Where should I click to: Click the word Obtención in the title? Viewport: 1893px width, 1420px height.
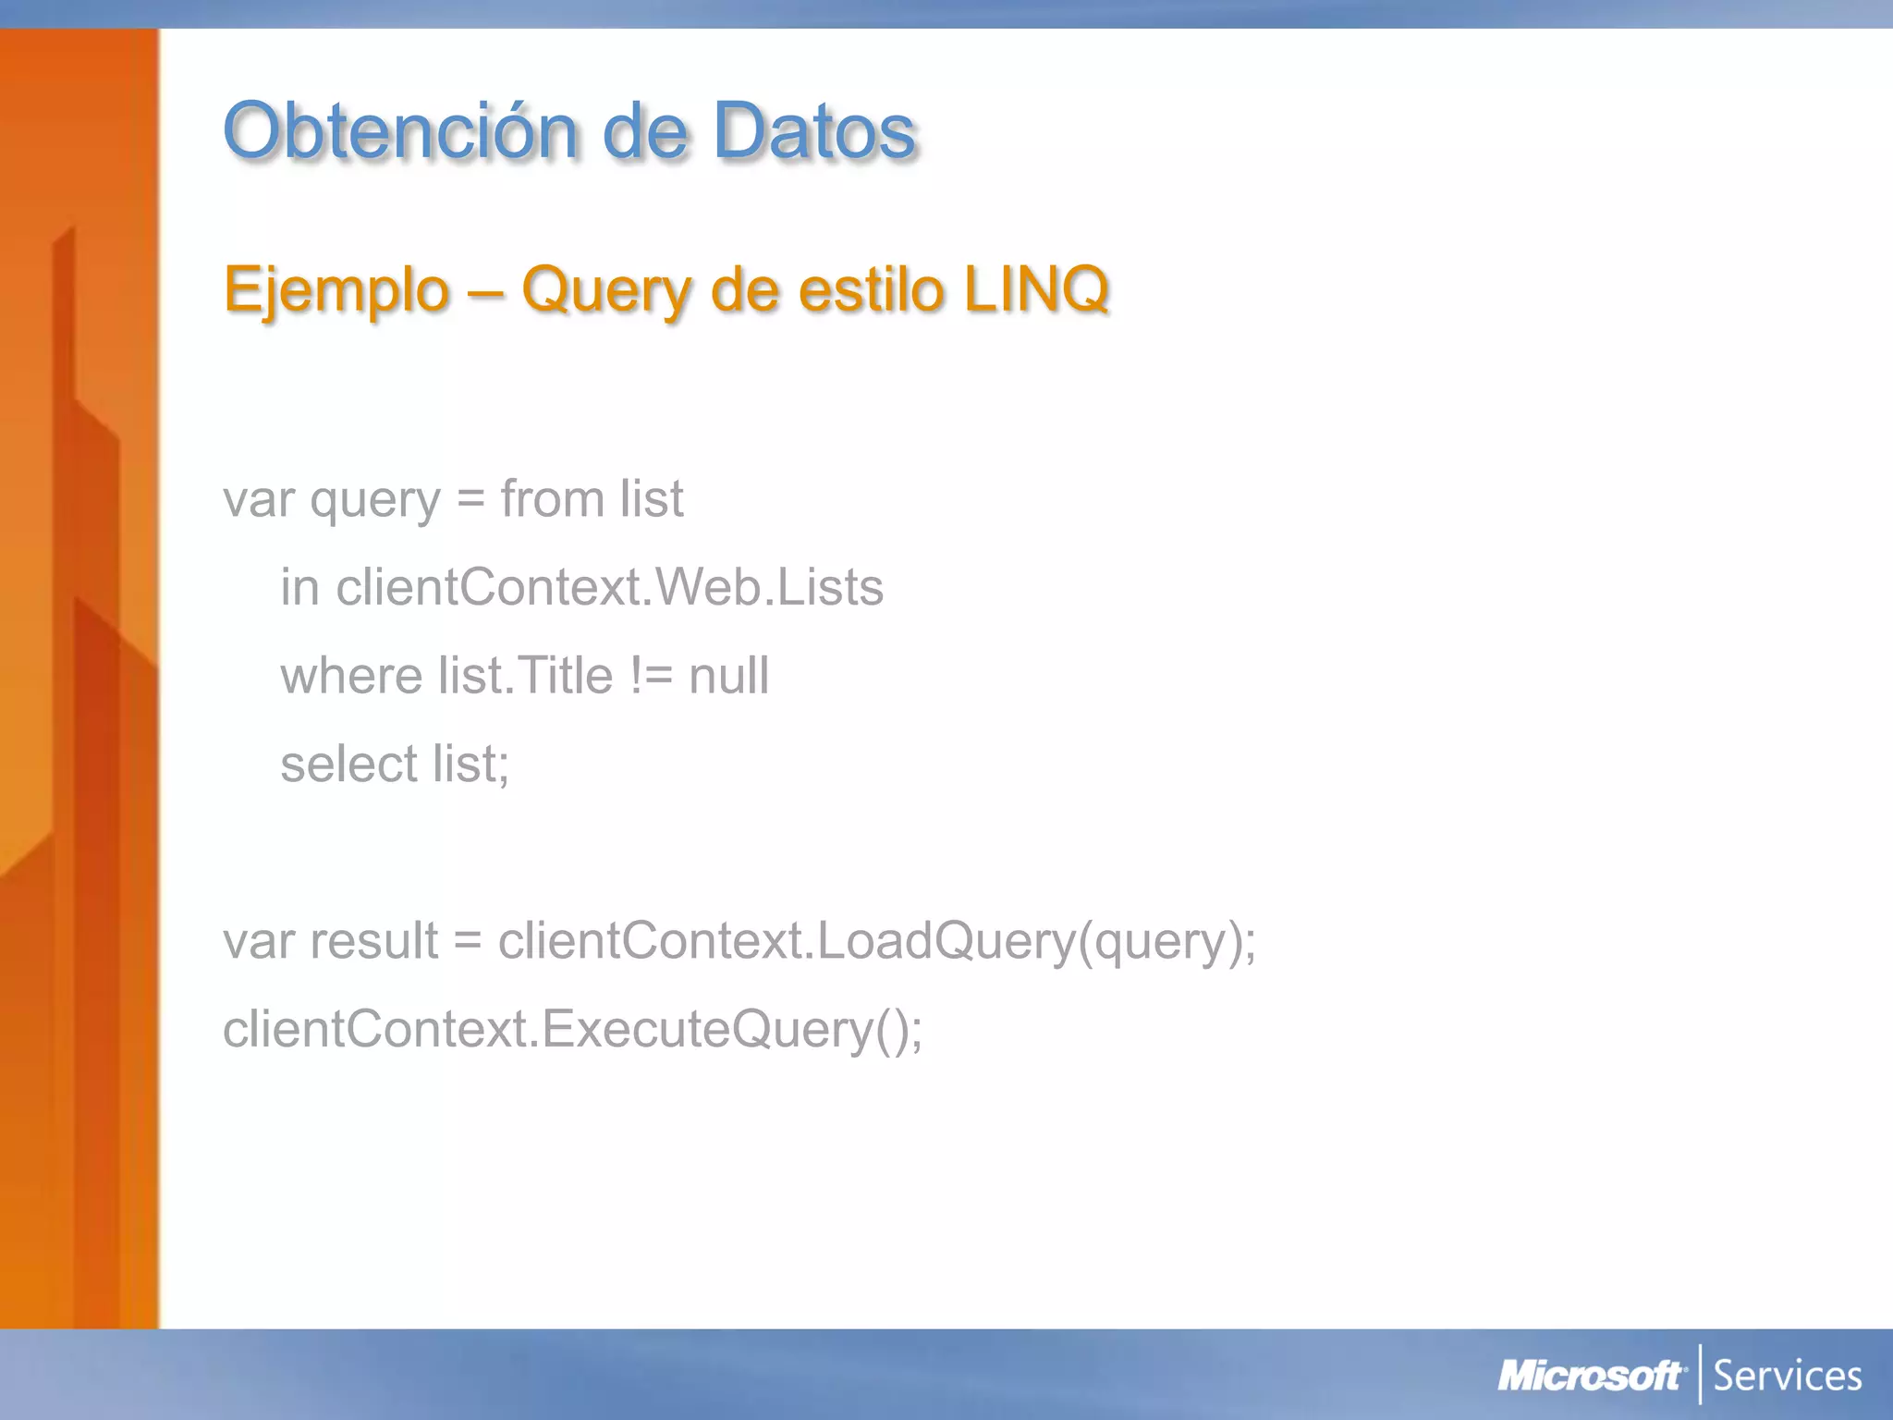click(x=400, y=131)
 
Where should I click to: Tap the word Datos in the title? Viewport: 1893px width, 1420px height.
click(x=813, y=131)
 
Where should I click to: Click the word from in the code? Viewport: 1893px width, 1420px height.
click(x=552, y=499)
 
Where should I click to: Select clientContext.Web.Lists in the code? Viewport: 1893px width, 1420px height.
click(x=609, y=587)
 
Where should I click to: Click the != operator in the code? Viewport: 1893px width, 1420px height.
click(x=652, y=676)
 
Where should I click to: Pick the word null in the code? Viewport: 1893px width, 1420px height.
click(x=728, y=676)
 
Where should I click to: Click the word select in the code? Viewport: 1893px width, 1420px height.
click(x=349, y=765)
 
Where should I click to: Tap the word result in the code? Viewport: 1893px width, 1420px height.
click(x=373, y=941)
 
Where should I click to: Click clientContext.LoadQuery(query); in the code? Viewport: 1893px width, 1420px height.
click(x=876, y=941)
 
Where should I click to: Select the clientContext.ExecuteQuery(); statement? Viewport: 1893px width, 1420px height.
click(x=572, y=1029)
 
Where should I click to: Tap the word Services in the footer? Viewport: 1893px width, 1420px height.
click(x=1788, y=1377)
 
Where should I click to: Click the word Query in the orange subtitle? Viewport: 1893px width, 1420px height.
click(x=606, y=290)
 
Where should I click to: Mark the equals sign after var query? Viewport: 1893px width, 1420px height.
click(x=470, y=500)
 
